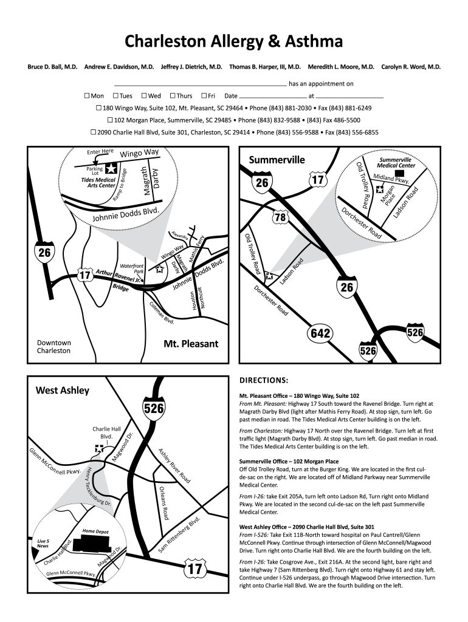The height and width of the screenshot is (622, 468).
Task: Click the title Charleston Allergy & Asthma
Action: click(234, 41)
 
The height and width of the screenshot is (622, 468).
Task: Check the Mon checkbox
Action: click(87, 95)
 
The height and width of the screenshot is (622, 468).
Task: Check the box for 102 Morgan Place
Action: click(109, 120)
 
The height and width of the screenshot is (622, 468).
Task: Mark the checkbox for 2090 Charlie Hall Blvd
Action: click(93, 132)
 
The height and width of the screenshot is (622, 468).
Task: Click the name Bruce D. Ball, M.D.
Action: click(52, 67)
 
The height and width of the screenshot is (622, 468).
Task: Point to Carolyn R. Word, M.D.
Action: click(411, 67)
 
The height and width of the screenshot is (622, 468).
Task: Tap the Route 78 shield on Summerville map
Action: click(280, 217)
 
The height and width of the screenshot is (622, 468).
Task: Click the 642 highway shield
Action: click(320, 333)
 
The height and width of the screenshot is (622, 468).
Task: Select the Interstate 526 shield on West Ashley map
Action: click(154, 409)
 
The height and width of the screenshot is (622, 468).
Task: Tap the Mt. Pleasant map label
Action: click(191, 344)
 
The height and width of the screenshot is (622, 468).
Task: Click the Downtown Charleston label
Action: click(54, 347)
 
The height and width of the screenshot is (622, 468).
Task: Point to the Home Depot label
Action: click(95, 531)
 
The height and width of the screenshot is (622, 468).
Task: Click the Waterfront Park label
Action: click(132, 268)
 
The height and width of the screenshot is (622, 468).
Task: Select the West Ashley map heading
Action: click(62, 390)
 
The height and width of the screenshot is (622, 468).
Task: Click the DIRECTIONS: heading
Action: click(263, 381)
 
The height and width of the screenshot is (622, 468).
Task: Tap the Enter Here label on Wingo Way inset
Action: click(100, 151)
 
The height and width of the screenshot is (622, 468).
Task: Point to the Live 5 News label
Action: click(43, 543)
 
